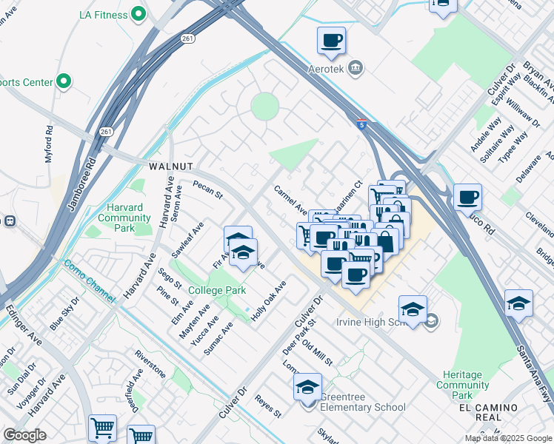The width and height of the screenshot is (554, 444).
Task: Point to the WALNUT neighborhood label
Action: (170, 167)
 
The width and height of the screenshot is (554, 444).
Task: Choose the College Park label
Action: (216, 290)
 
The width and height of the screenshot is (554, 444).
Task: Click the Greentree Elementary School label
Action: (362, 407)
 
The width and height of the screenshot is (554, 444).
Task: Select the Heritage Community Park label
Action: (462, 385)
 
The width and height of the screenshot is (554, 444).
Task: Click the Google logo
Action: (25, 435)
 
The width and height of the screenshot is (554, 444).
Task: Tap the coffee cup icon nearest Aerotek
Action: (332, 41)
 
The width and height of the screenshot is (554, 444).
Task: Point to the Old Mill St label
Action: (318, 350)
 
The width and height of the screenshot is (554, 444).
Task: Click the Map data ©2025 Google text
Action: (507, 438)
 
